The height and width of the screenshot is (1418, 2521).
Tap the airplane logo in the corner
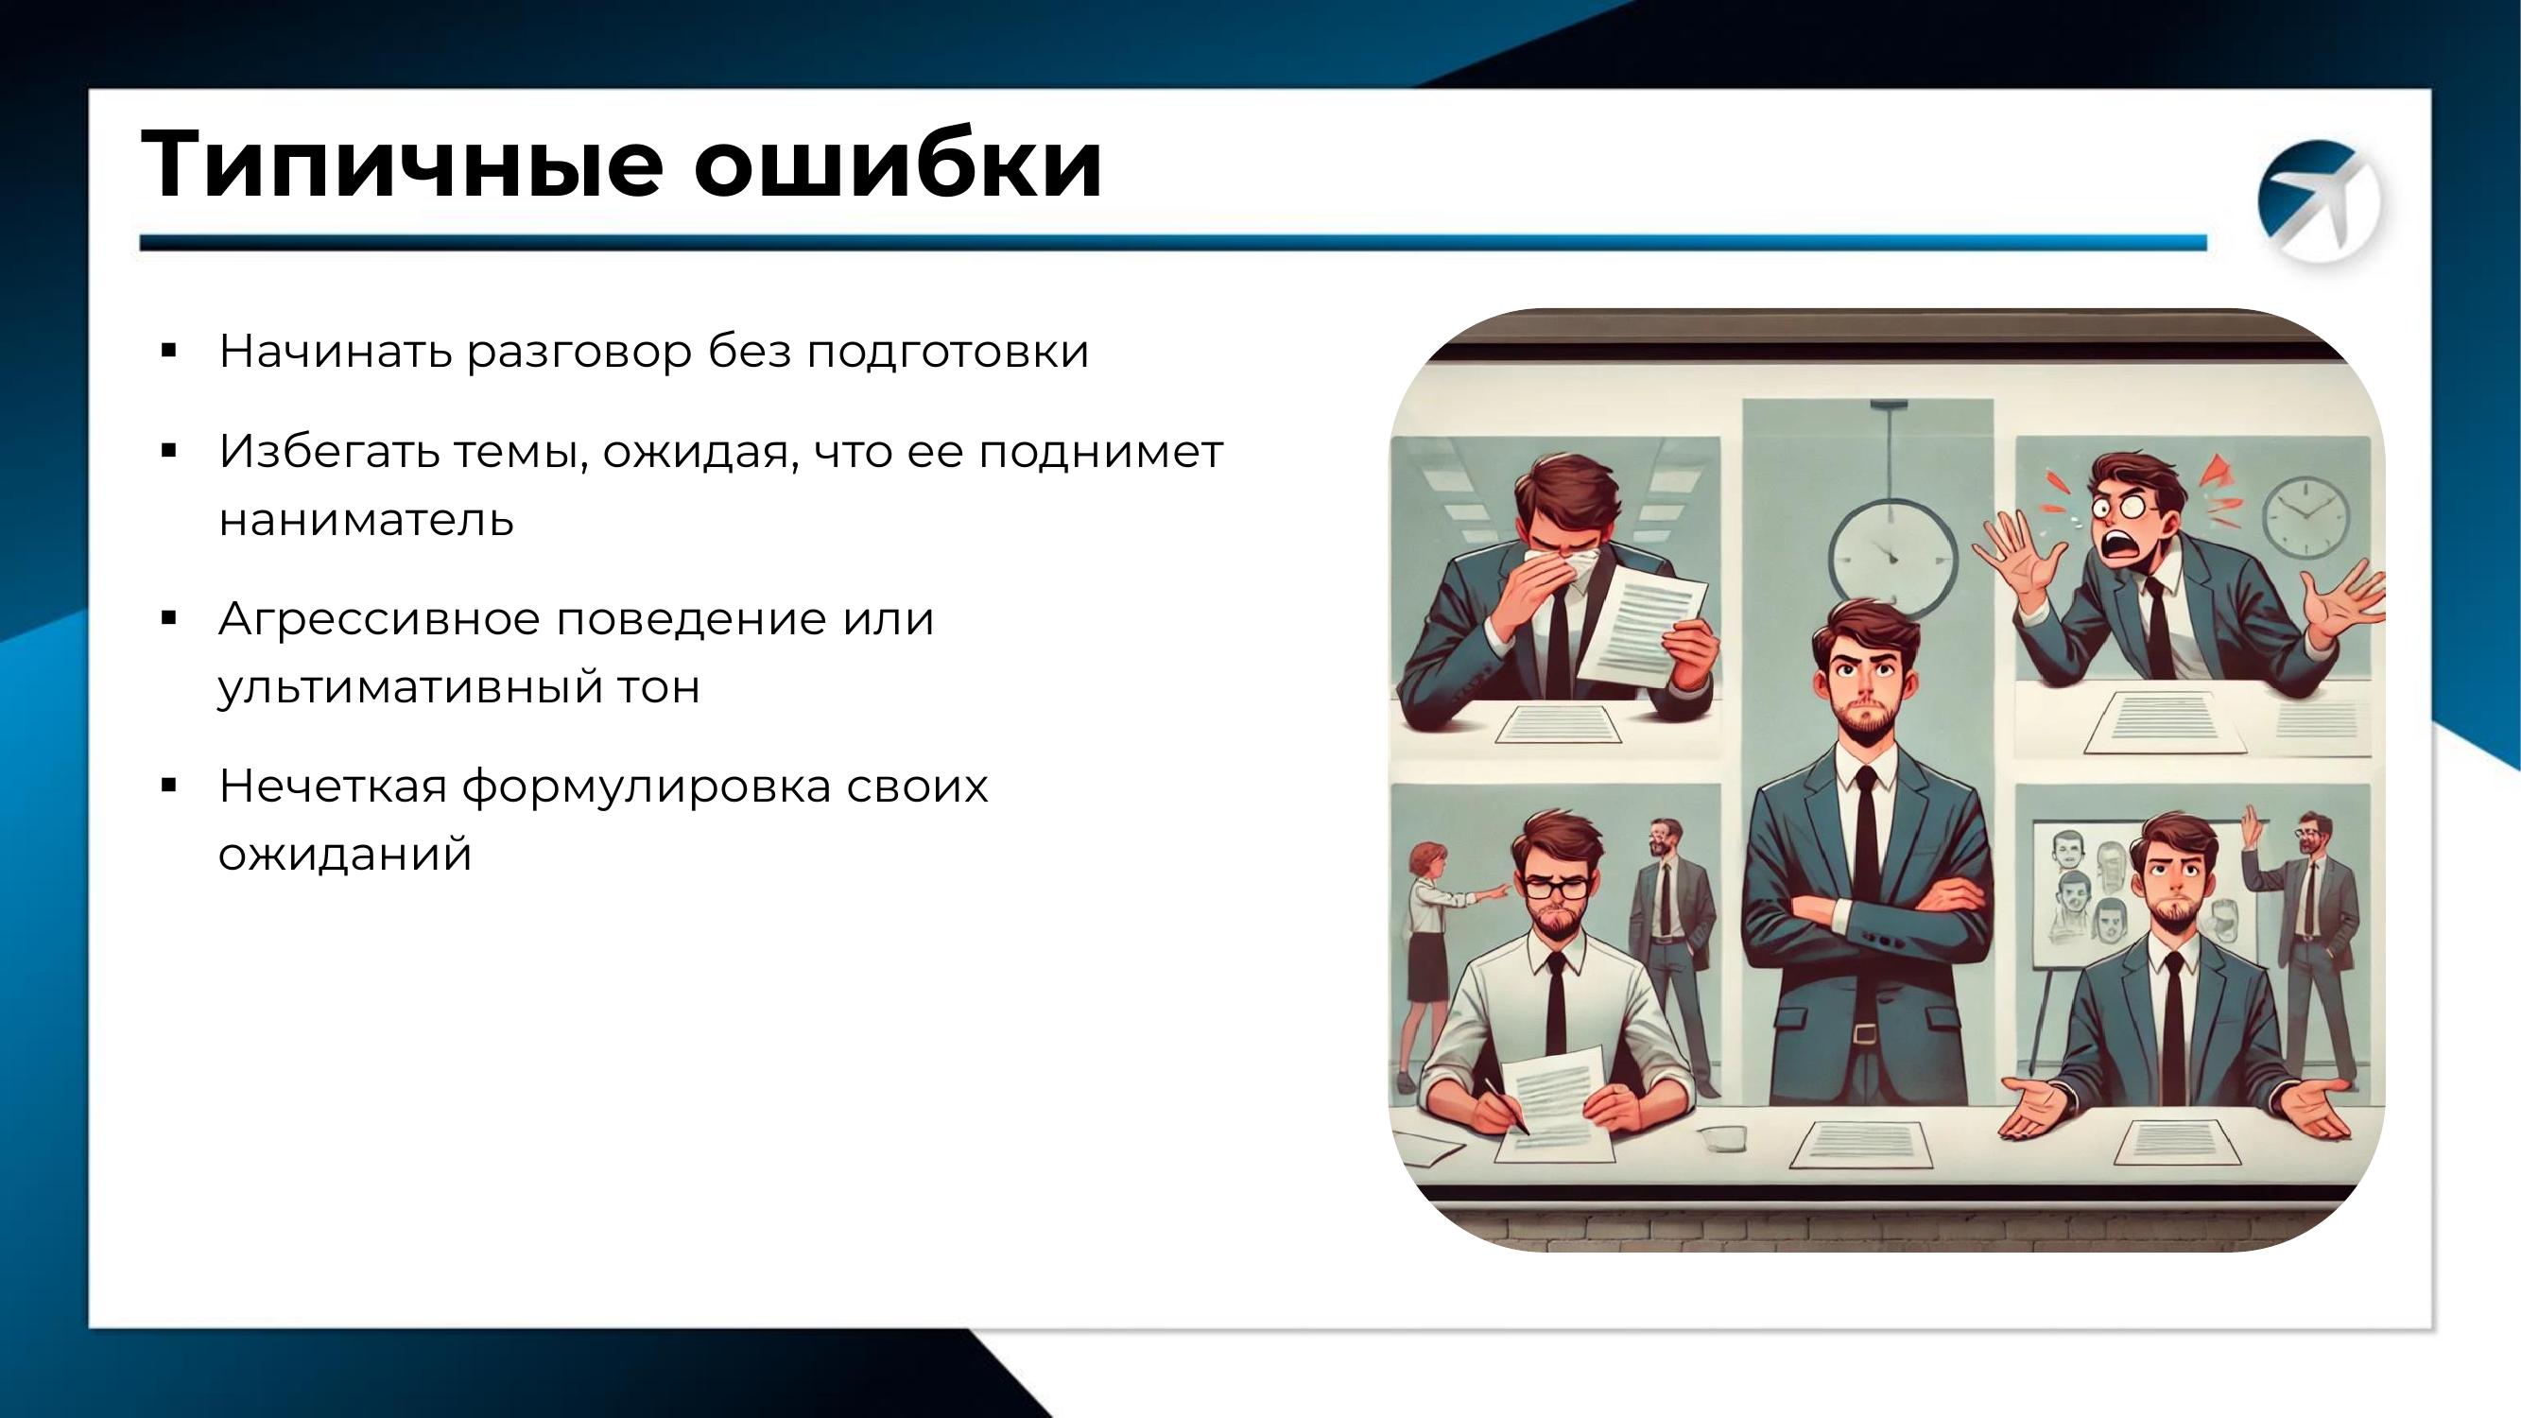coord(2320,200)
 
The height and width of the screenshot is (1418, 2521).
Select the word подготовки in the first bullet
coord(947,353)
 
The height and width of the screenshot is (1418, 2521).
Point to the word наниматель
coord(366,519)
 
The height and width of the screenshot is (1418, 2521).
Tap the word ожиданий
coord(344,855)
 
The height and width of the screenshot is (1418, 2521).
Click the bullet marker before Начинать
coord(168,352)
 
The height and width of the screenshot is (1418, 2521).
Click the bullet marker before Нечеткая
coord(168,785)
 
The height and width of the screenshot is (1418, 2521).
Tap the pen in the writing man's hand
coord(1508,1106)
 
